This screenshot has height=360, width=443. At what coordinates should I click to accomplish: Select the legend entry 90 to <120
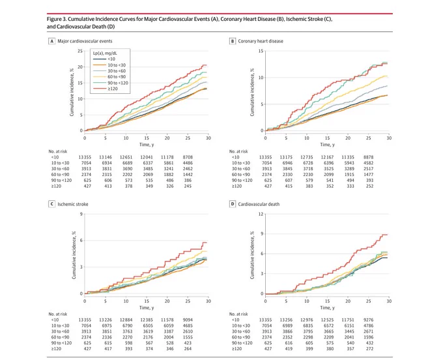click(x=111, y=83)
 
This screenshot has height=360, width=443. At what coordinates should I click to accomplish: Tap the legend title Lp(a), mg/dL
click(x=105, y=53)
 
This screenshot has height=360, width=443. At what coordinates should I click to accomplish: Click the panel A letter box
click(x=51, y=41)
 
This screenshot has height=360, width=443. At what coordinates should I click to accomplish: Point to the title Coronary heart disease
click(x=261, y=41)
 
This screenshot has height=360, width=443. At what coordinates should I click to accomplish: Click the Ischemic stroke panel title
click(x=73, y=204)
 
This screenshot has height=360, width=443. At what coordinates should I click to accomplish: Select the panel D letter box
click(x=233, y=204)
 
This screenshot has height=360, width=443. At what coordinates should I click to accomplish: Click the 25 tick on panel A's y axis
click(x=80, y=51)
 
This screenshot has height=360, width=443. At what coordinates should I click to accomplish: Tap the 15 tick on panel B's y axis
click(x=261, y=51)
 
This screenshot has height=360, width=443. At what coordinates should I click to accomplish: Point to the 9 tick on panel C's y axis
click(x=81, y=214)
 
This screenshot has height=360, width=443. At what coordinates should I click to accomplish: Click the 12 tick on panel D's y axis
click(x=261, y=214)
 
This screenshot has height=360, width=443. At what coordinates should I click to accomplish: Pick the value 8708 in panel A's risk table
click(x=188, y=157)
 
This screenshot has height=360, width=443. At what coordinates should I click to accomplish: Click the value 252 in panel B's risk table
click(x=369, y=186)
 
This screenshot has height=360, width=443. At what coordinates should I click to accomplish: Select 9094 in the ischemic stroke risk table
click(x=188, y=320)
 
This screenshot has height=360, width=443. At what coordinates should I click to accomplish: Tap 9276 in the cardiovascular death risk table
click(x=368, y=320)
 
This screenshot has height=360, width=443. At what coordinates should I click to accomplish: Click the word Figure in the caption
click(x=54, y=19)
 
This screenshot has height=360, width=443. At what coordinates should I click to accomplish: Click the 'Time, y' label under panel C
click(x=147, y=308)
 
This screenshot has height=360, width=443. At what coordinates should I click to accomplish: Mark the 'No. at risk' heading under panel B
click(x=238, y=151)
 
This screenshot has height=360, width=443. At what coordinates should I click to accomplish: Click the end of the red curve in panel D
click(x=388, y=235)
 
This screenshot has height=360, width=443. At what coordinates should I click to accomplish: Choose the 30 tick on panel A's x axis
click(x=208, y=138)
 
